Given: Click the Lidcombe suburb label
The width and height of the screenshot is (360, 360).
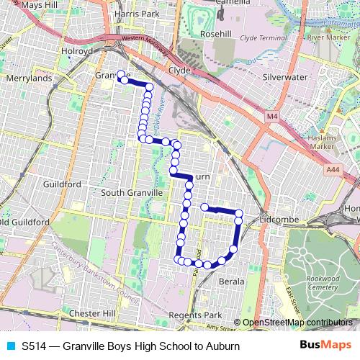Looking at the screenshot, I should point(282,216).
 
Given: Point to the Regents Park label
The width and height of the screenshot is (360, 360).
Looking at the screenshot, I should point(194,315).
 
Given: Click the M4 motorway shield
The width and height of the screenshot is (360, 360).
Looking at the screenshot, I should point(271,116).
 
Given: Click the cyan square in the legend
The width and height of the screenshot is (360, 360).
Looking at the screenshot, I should point(10,346).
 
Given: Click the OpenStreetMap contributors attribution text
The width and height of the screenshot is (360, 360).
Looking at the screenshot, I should point(297,322).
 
